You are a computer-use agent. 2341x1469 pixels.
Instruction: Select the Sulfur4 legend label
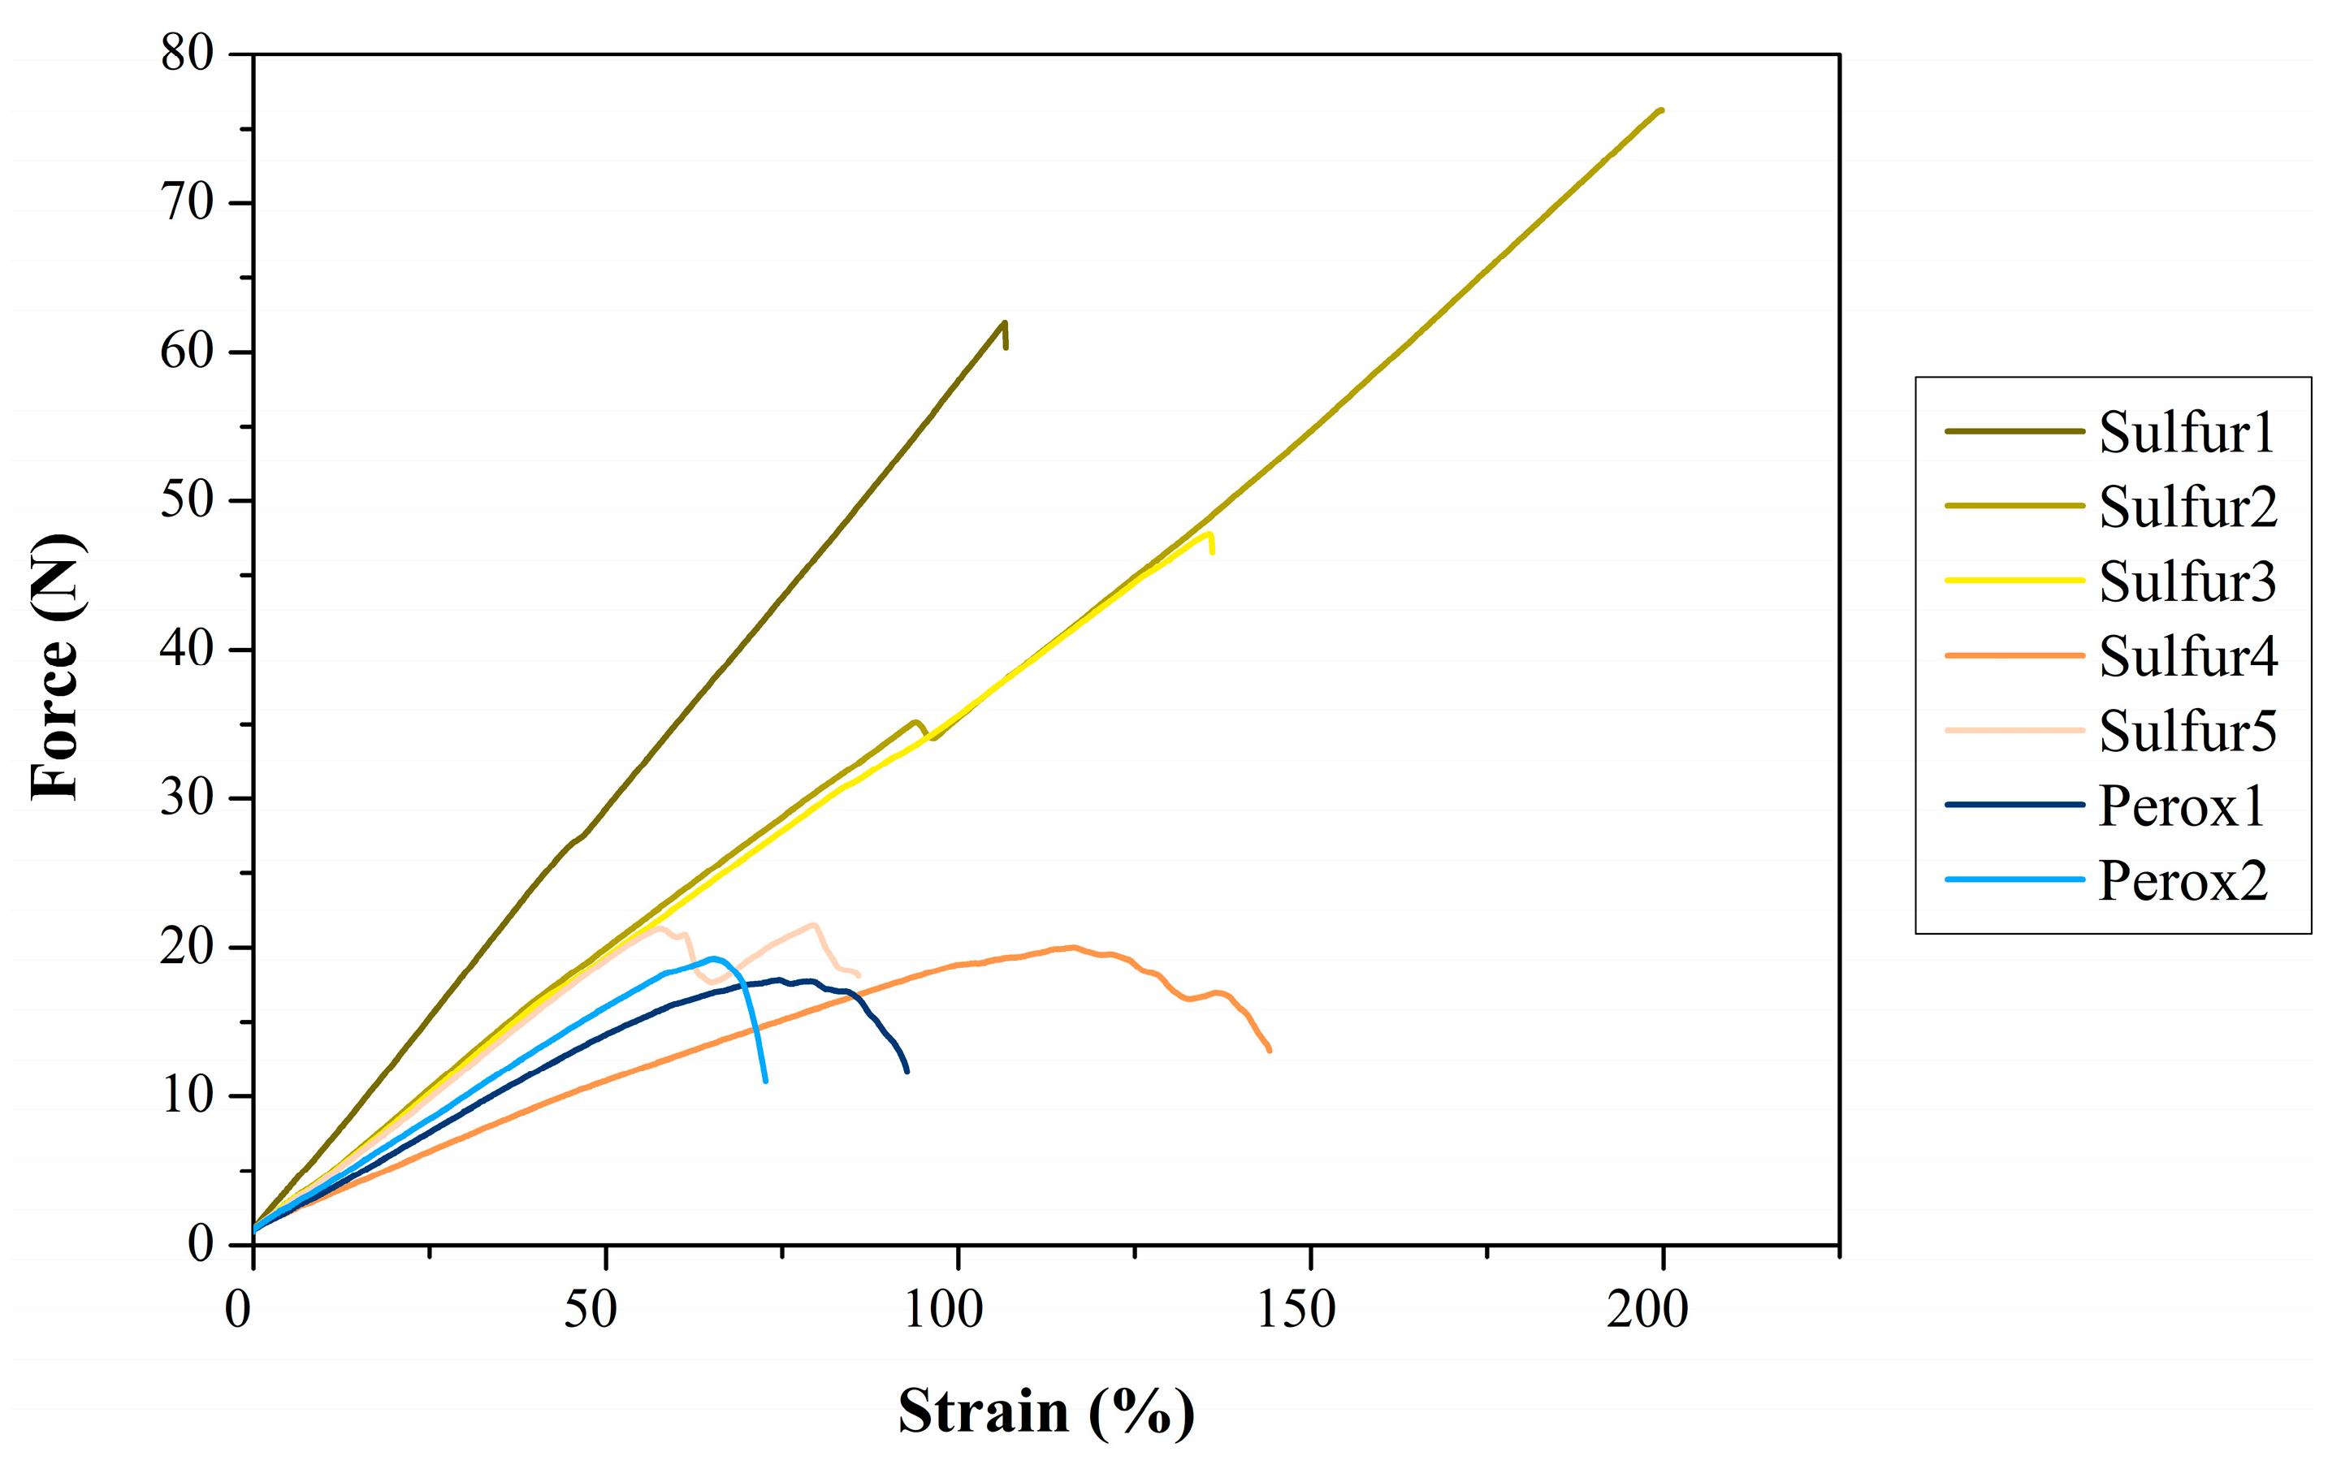[2187, 656]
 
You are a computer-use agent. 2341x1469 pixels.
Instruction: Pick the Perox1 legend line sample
[2014, 805]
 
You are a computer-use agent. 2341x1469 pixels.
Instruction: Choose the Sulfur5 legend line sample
[2014, 730]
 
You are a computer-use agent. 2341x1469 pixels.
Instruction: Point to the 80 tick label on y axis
[187, 54]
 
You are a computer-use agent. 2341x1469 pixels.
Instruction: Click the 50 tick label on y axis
[187, 500]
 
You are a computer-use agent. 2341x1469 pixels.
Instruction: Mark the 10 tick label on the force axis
[187, 1096]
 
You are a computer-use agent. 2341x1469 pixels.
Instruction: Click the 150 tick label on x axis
[1296, 1310]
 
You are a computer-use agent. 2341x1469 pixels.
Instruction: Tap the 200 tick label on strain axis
[1647, 1310]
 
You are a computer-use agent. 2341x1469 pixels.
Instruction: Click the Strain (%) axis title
[1045, 1411]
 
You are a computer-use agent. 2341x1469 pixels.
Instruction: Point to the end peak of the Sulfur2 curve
[1661, 110]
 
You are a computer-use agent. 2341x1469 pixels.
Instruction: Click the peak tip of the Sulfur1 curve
[1004, 322]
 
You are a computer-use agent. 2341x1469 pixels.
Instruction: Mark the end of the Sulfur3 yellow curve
[1212, 552]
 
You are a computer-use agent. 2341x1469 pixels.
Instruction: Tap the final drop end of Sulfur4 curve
[1269, 1050]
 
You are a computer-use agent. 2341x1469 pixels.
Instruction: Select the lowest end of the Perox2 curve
[766, 1080]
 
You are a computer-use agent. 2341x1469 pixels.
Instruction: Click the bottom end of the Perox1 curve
[907, 1070]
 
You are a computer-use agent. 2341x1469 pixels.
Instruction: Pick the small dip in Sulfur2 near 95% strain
[932, 737]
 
